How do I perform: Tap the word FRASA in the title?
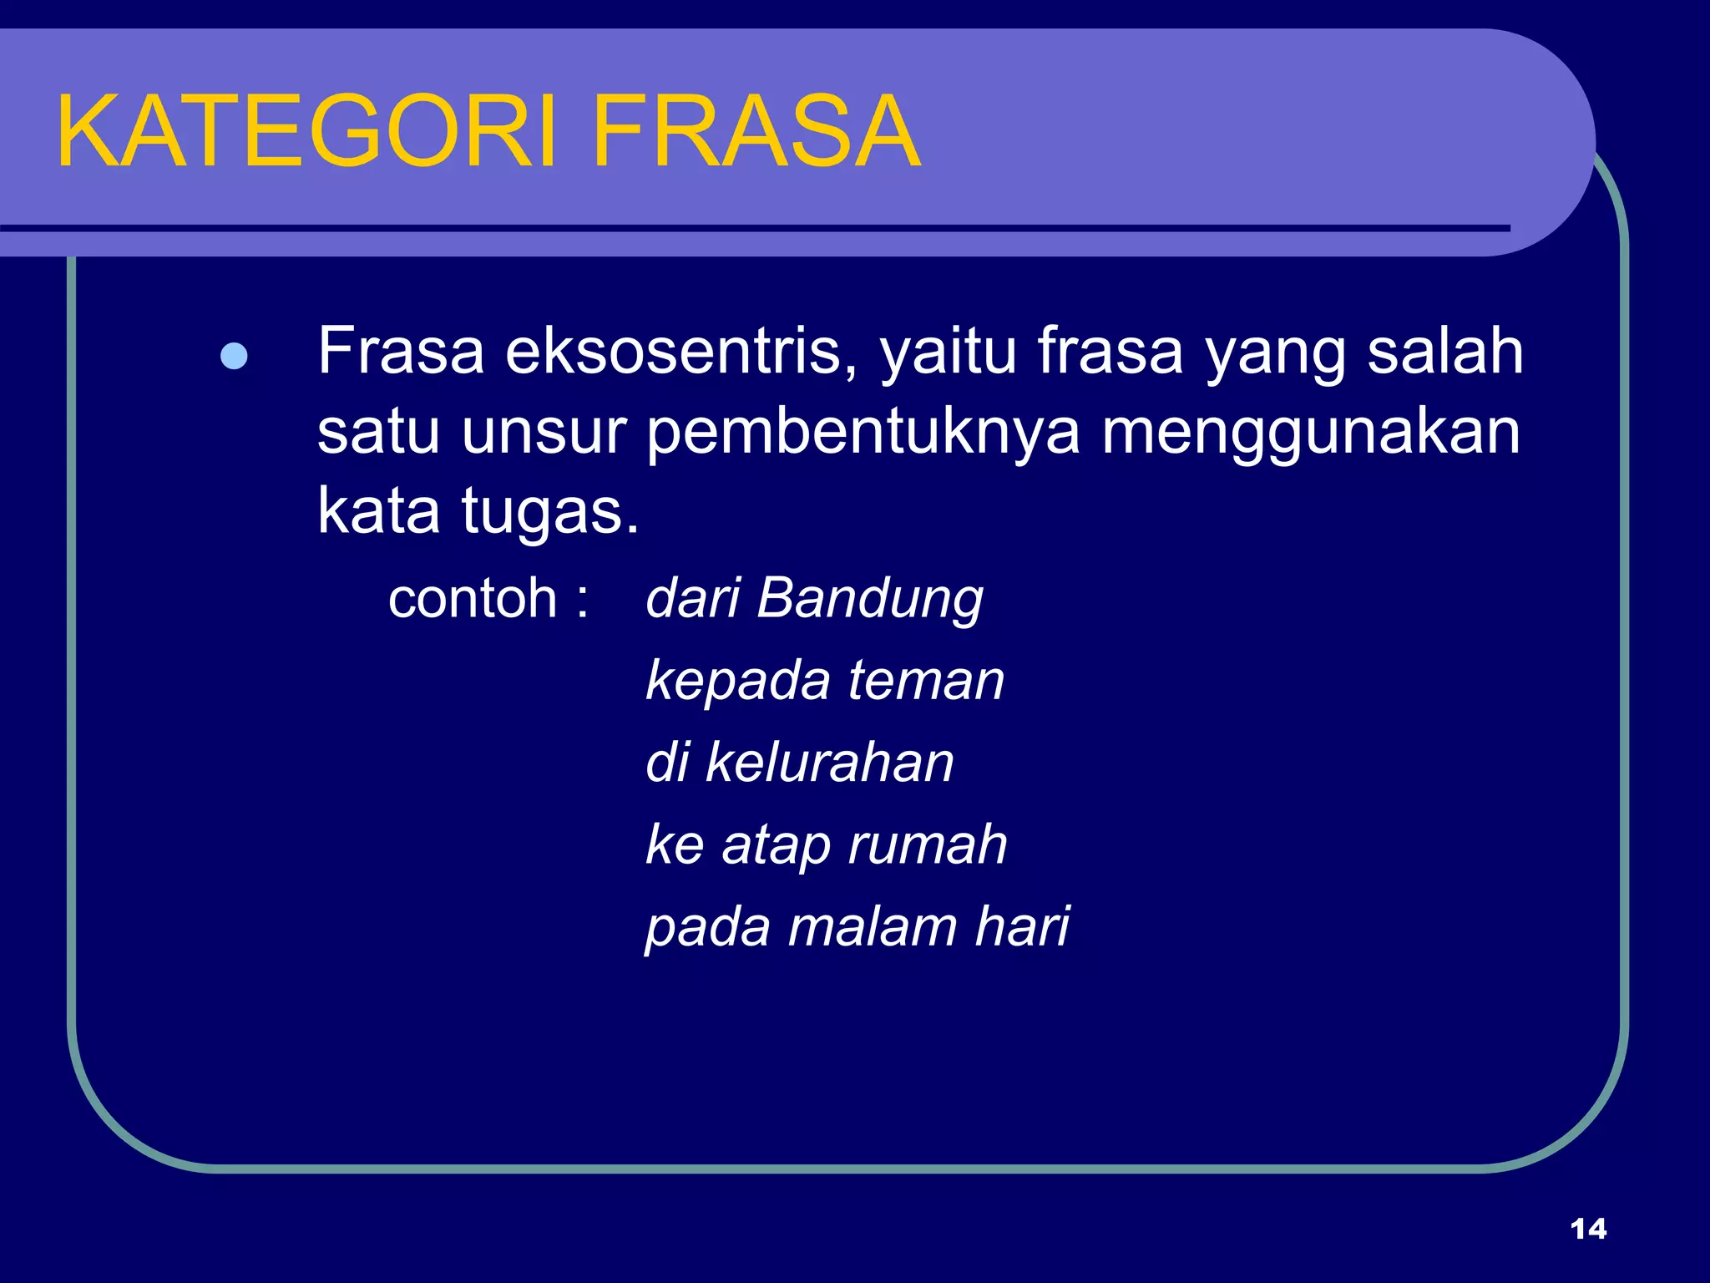[756, 132]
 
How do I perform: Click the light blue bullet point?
[234, 357]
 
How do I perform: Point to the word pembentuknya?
[863, 434]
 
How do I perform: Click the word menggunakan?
[1311, 434]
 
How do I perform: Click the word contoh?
[473, 599]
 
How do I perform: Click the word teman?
[926, 681]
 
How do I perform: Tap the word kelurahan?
[829, 763]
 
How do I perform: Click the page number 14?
[1588, 1229]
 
